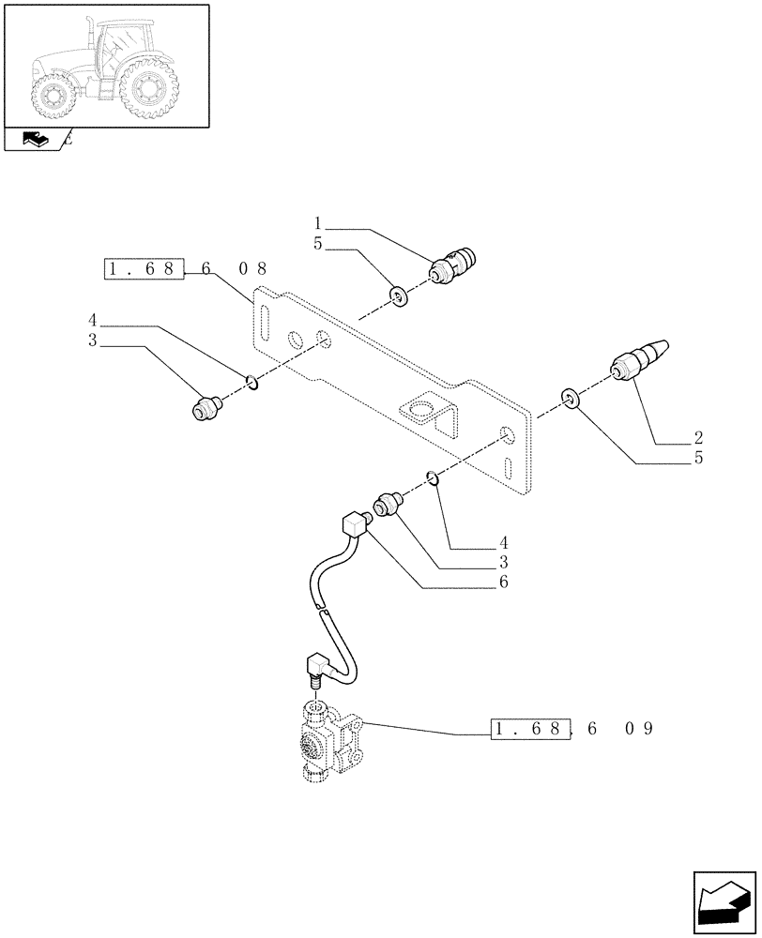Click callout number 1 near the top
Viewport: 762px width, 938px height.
point(318,224)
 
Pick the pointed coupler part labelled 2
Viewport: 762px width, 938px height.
point(639,359)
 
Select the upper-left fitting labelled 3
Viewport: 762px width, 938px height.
point(207,408)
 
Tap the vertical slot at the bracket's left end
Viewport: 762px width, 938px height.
point(266,325)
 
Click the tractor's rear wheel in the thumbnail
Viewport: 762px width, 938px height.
point(148,91)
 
